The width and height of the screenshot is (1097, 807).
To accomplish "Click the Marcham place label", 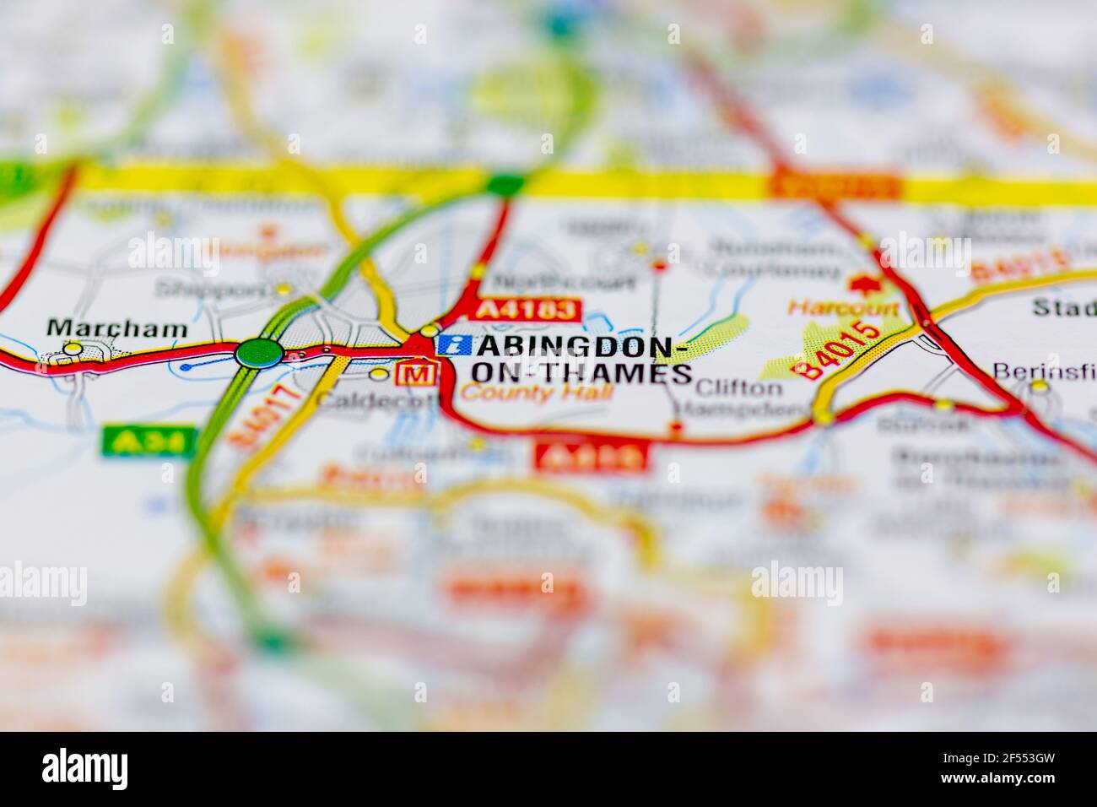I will pyautogui.click(x=117, y=328).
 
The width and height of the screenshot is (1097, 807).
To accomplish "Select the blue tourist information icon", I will pyautogui.click(x=454, y=344).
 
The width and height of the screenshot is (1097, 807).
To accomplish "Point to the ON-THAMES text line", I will pyautogui.click(x=582, y=373).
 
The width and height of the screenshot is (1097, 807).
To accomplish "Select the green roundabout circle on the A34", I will pyautogui.click(x=258, y=352).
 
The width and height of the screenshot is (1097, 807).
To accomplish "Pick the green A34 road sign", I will pyautogui.click(x=137, y=440).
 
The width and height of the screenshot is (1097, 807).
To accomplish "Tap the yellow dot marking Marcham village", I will pyautogui.click(x=74, y=348).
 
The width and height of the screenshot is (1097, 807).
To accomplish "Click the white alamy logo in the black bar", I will pyautogui.click(x=84, y=768).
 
